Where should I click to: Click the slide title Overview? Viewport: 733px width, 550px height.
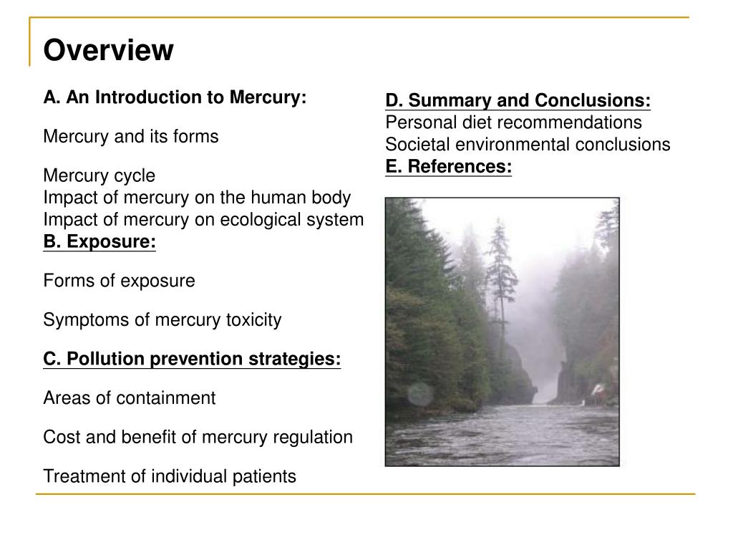pyautogui.click(x=108, y=51)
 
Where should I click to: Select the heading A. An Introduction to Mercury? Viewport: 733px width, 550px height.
pyautogui.click(x=175, y=97)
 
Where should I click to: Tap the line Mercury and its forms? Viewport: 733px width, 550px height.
pyautogui.click(x=131, y=136)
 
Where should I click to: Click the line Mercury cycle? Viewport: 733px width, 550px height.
pyautogui.click(x=99, y=175)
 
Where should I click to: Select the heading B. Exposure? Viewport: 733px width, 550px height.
pyautogui.click(x=99, y=242)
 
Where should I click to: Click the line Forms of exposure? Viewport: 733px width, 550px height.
pyautogui.click(x=119, y=281)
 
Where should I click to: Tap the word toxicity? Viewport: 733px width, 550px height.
pyautogui.click(x=252, y=320)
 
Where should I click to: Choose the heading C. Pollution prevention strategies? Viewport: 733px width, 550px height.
pyautogui.click(x=192, y=359)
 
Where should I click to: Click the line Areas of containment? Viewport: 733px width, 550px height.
pyautogui.click(x=129, y=398)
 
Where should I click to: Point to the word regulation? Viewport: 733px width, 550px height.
pyautogui.click(x=315, y=437)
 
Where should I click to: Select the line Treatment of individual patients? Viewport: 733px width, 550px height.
pyautogui.click(x=170, y=476)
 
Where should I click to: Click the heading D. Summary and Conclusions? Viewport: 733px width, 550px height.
pyautogui.click(x=518, y=100)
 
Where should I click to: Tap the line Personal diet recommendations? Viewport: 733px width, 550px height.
pyautogui.click(x=513, y=122)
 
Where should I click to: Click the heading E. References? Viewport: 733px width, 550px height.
pyautogui.click(x=448, y=167)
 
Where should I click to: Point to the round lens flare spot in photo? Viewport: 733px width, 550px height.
pyautogui.click(x=420, y=393)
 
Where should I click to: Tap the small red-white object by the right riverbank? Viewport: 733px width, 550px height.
pyautogui.click(x=597, y=390)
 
